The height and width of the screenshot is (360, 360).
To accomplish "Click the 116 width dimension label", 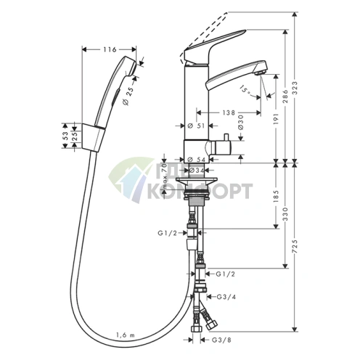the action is pyautogui.click(x=110, y=49).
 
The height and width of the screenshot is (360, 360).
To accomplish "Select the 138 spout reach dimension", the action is pyautogui.click(x=229, y=112).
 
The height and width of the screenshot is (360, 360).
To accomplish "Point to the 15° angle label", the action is pyautogui.click(x=246, y=91).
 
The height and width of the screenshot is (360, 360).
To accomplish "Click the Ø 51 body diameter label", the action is pyautogui.click(x=196, y=126).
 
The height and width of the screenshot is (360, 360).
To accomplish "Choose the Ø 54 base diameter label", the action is pyautogui.click(x=197, y=160).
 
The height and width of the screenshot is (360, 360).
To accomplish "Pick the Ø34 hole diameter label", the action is pyautogui.click(x=197, y=171).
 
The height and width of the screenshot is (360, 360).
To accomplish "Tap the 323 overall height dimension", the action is pyautogui.click(x=295, y=89).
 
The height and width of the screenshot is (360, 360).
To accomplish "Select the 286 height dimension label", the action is pyautogui.click(x=286, y=97).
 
